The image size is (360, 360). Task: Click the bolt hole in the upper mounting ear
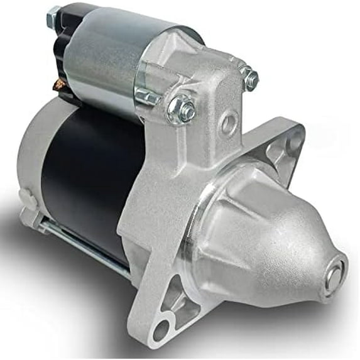point(293,143)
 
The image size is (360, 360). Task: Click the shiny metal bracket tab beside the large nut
point(148,97)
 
